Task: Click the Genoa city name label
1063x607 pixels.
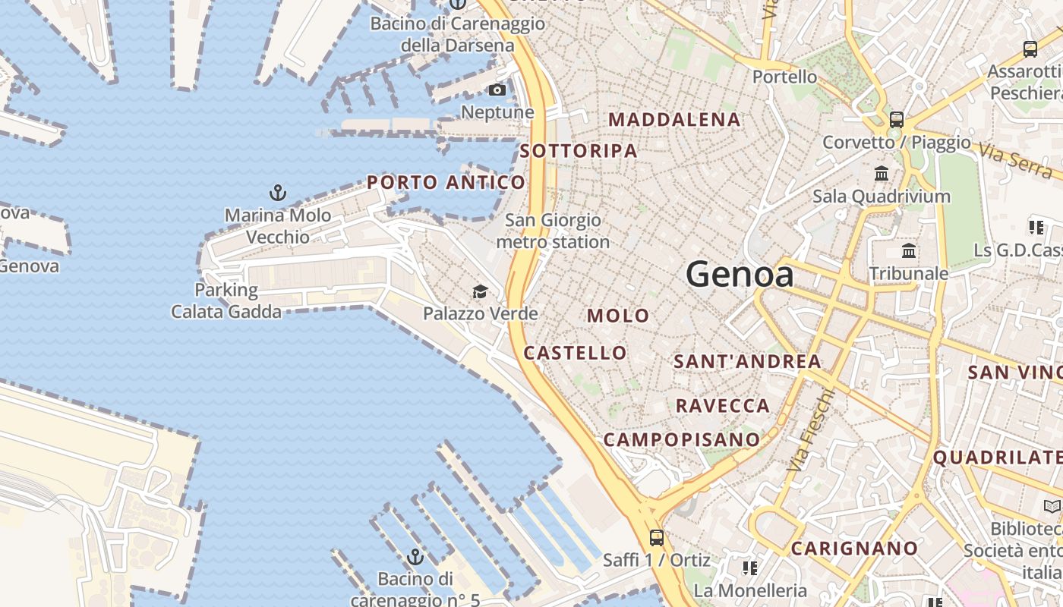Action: (x=740, y=274)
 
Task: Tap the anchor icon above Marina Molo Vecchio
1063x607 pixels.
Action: (x=278, y=192)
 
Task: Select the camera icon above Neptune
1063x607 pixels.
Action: (x=497, y=90)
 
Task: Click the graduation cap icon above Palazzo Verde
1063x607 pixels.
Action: (x=480, y=292)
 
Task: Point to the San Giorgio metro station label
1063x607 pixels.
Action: (x=553, y=231)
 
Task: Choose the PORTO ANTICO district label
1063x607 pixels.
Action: (x=446, y=182)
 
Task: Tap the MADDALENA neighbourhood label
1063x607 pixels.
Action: (x=674, y=119)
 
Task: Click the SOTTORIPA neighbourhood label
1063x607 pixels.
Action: (x=579, y=151)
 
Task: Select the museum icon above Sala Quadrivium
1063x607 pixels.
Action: (x=882, y=174)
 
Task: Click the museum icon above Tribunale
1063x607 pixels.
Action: (x=909, y=251)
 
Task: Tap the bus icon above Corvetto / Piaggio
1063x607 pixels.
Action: (x=897, y=119)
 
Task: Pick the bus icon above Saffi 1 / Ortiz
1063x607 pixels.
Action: (x=657, y=538)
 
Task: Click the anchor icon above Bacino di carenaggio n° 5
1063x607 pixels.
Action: (x=415, y=558)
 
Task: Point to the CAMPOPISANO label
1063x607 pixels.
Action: (x=681, y=439)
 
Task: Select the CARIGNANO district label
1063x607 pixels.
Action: (x=854, y=548)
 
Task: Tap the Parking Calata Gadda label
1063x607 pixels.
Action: (x=226, y=300)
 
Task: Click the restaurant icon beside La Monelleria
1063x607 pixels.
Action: (x=750, y=568)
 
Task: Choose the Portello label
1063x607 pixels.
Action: (x=784, y=77)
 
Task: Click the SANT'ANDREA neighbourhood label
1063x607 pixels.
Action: (x=747, y=361)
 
